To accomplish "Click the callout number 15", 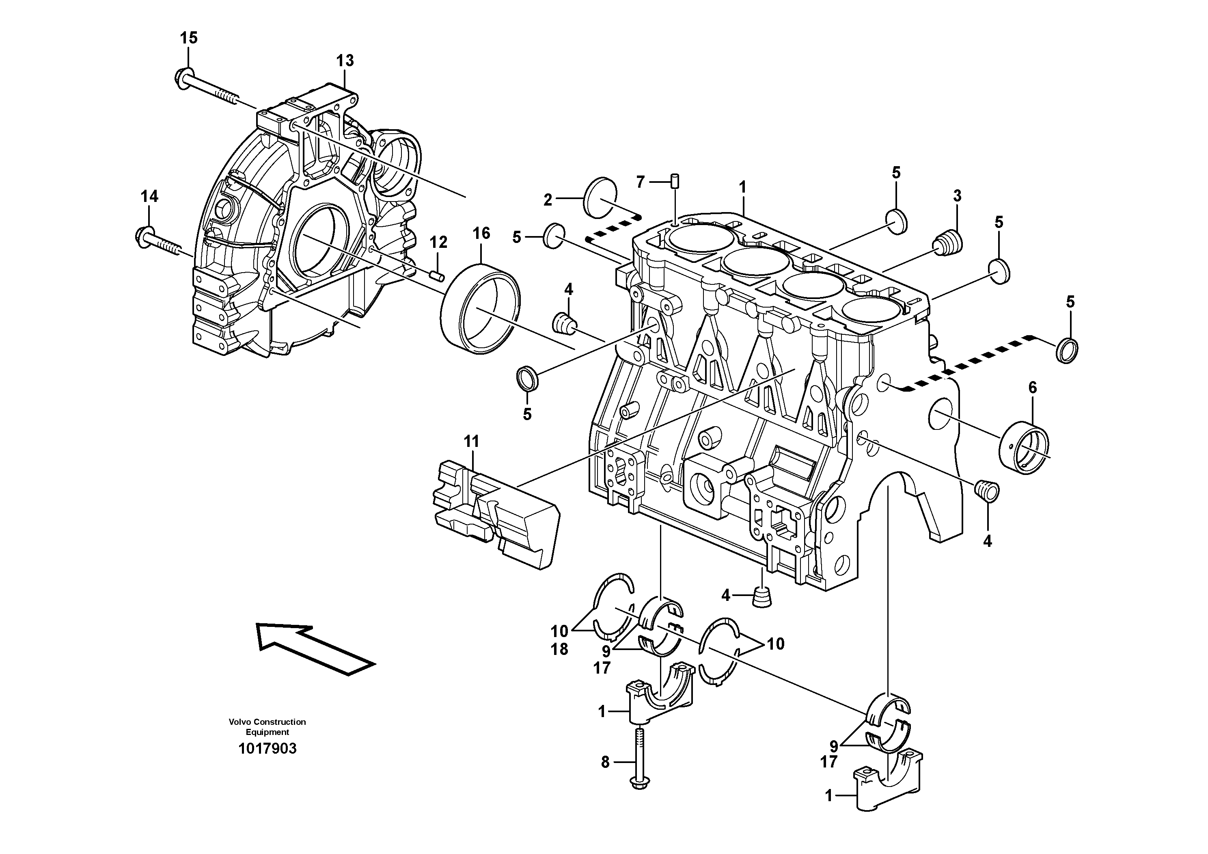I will click(x=188, y=38).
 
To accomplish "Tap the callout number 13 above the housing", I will click(x=345, y=61).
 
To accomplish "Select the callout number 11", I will click(x=471, y=441).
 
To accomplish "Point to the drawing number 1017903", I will click(x=267, y=748).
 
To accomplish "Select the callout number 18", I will click(x=559, y=650).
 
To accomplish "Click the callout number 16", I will click(x=481, y=233).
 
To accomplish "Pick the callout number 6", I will click(x=1032, y=388).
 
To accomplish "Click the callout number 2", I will click(x=548, y=199).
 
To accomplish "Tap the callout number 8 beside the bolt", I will click(x=605, y=761).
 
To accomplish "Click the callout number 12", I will click(x=438, y=242).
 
